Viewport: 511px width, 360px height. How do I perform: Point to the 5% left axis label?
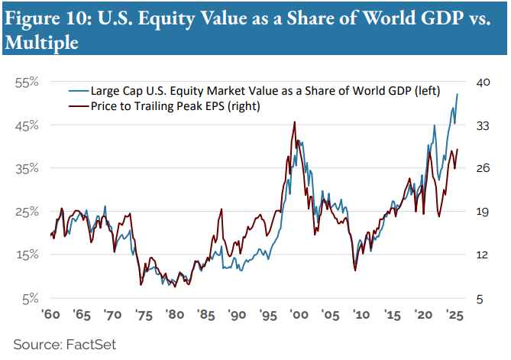30,298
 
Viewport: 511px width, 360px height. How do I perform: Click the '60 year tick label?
50,315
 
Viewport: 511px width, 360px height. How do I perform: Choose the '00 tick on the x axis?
298,315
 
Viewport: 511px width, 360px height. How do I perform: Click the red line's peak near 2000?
295,122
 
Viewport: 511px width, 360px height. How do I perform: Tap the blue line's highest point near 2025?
458,94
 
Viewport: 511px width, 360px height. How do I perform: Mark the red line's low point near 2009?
355,270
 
